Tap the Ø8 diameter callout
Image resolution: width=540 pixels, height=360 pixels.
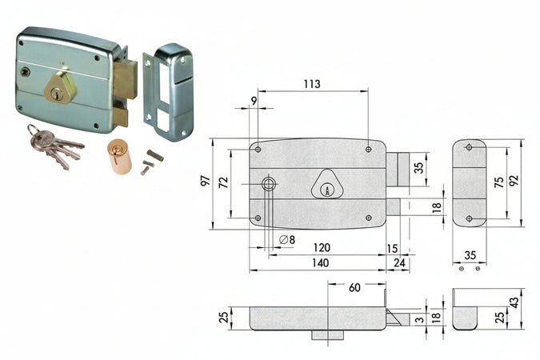pyautogui.click(x=286, y=240)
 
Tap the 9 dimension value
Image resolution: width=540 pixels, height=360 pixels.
pyautogui.click(x=254, y=100)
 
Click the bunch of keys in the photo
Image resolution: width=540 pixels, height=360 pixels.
pyautogui.click(x=52, y=147)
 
